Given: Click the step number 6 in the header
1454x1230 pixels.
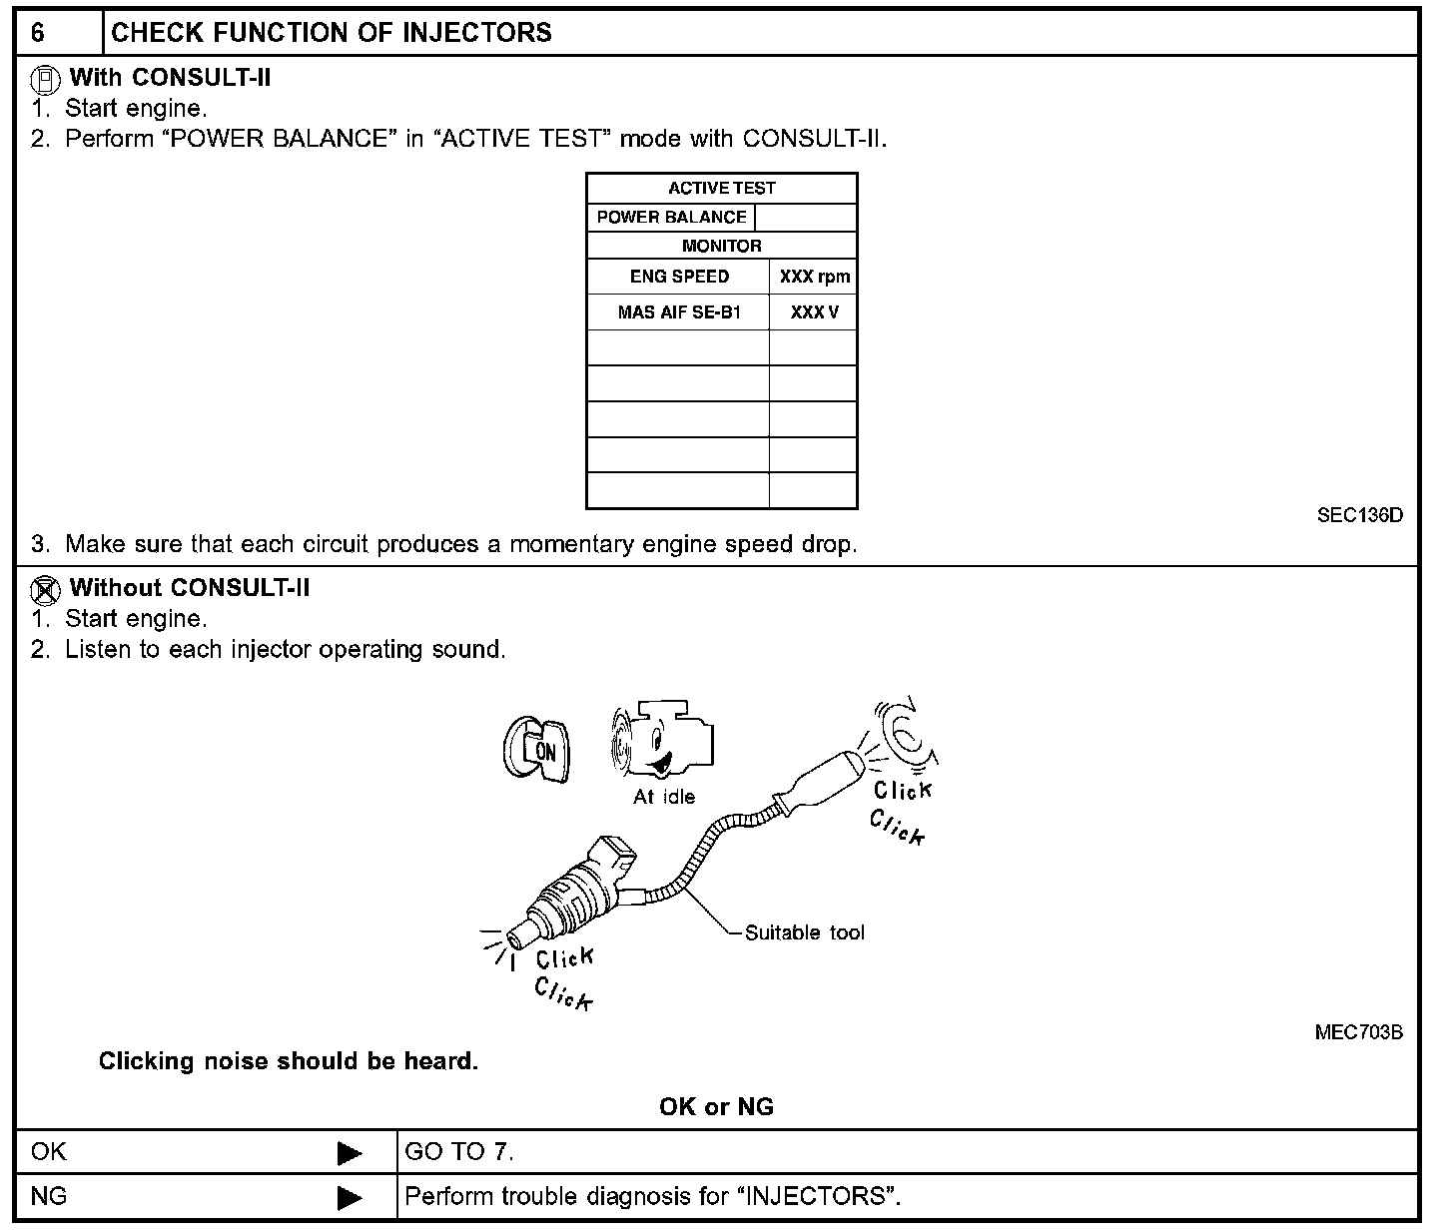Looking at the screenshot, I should point(37,33).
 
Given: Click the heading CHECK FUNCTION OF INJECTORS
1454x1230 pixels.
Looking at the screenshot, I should point(331,33).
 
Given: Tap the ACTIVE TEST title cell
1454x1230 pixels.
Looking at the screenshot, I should point(721,188).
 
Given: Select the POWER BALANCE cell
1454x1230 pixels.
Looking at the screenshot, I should point(671,218).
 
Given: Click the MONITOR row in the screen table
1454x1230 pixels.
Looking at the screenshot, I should point(721,246).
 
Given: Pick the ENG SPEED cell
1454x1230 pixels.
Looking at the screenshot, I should point(679,277).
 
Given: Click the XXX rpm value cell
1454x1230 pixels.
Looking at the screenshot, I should point(814,277).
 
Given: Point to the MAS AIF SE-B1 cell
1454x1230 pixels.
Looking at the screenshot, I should point(679,312).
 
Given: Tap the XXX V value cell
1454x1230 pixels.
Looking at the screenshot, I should point(814,312).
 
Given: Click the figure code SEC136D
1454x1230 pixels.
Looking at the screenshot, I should point(1359,516).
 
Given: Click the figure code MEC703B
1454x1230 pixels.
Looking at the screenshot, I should point(1358,1032).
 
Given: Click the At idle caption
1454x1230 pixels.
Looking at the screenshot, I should point(664,797).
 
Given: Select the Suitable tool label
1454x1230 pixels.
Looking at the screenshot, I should point(804,932).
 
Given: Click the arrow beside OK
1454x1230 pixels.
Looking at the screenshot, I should point(350,1153).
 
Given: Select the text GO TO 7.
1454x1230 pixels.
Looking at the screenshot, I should point(458,1152).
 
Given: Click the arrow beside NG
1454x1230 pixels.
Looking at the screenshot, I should point(350,1196).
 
